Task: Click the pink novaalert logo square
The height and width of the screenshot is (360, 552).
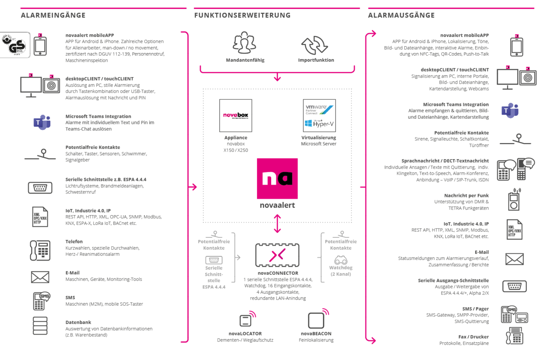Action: point(277,178)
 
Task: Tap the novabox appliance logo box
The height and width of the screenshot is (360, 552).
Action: point(236,115)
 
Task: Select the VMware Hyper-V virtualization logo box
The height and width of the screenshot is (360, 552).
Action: point(319,115)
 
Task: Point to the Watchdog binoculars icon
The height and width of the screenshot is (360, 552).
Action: point(341,261)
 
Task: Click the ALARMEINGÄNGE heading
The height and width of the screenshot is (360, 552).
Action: point(53,16)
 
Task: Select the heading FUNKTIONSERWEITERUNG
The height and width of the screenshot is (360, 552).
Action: point(242,16)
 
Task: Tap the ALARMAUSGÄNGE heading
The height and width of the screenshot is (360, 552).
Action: point(401,16)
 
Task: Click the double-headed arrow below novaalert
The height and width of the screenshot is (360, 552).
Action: point(277,224)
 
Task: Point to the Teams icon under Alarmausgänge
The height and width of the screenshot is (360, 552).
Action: point(510,111)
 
